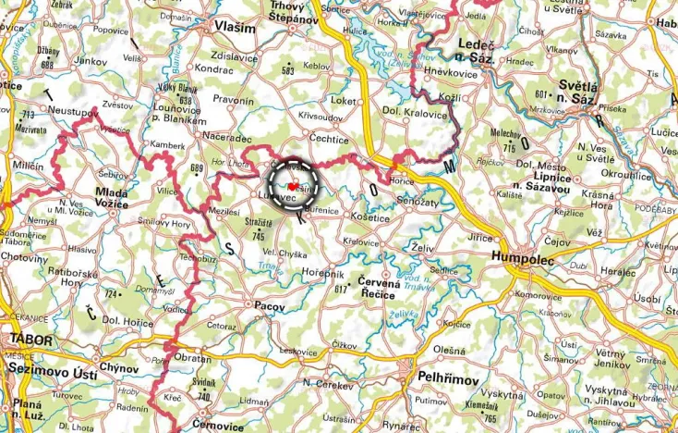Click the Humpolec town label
tap(524, 260)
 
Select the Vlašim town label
tap(234, 27)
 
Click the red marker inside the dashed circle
tap(293, 186)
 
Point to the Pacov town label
tap(270, 303)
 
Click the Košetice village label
tap(373, 218)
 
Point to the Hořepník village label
tap(323, 275)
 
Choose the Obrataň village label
tap(193, 358)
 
